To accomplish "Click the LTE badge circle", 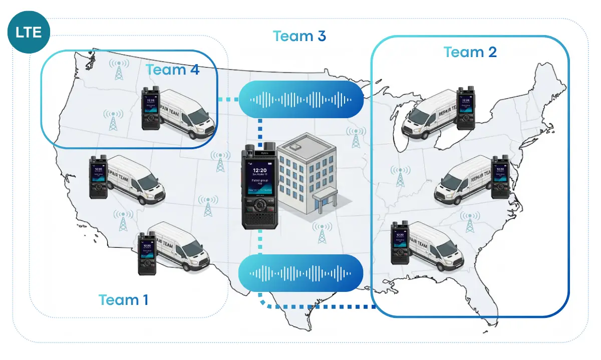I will pos(29,33).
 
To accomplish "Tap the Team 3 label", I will pos(299,36).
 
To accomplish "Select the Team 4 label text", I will pos(172,70).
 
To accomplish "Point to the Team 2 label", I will pos(470,52).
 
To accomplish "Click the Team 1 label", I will pos(123,299).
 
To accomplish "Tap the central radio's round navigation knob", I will pos(259,205).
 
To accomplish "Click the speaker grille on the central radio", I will pos(259,220).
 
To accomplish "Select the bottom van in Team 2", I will pos(436,245).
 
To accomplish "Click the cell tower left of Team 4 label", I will pos(119,70).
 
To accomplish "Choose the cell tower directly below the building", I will pos(322,233).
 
